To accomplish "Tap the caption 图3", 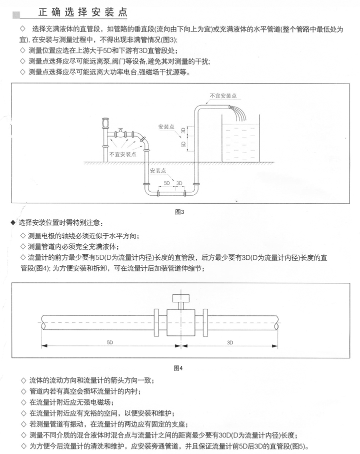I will pos(179,212).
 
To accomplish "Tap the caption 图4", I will pos(178,368).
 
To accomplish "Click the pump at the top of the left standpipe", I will pos(105,123).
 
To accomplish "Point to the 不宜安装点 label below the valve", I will pos(122,154).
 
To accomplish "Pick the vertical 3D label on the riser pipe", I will pos(183,131).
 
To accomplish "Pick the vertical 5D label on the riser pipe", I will pos(183,145).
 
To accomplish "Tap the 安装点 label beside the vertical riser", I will pos(165,127).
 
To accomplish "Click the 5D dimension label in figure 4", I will pos(109,342).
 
